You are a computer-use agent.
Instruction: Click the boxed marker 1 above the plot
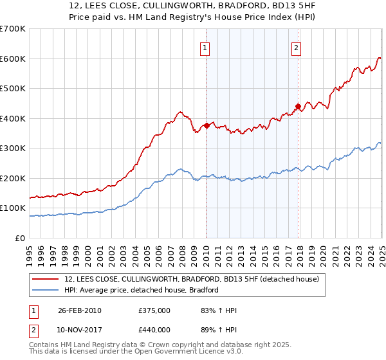(205, 46)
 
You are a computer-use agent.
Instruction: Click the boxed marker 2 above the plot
(296, 46)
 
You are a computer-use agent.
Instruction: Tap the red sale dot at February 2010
(207, 126)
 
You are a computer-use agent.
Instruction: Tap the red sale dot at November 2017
(298, 106)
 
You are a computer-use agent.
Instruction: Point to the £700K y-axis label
(13, 29)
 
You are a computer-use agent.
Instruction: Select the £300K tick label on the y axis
(13, 148)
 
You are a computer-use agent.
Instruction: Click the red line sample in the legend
(46, 278)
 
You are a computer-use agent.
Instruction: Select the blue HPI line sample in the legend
(46, 290)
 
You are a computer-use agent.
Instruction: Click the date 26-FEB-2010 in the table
(79, 310)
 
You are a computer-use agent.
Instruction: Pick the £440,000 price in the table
(154, 330)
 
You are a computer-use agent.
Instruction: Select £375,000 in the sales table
(154, 310)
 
